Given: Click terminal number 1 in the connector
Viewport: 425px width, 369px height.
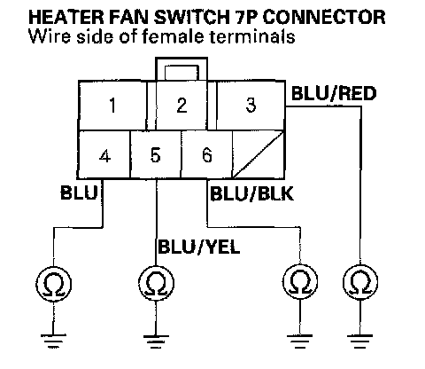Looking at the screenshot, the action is [x=112, y=106].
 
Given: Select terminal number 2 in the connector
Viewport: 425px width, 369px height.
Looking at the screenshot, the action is [x=182, y=106].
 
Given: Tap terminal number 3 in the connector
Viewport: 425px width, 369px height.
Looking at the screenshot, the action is [x=251, y=106].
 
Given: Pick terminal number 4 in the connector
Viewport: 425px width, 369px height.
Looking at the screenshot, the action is [x=104, y=155].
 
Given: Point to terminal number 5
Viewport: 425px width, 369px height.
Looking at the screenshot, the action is [x=156, y=155].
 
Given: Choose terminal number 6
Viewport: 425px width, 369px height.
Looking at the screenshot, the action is [x=207, y=155].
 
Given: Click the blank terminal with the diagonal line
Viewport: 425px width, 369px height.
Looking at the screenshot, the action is [x=259, y=155].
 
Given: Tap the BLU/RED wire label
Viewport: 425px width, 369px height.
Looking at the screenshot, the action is [x=334, y=93].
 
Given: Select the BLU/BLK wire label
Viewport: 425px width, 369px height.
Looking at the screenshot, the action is [x=251, y=194].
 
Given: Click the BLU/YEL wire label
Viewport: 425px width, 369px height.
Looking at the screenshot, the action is [x=199, y=247].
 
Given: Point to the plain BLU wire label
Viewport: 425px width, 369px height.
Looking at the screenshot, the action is [x=79, y=192].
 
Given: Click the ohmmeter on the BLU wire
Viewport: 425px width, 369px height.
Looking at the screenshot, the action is [x=53, y=284].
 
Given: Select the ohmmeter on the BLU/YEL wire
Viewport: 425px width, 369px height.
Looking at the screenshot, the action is [x=156, y=283].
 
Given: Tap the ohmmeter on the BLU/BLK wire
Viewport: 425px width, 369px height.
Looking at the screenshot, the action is [x=300, y=281].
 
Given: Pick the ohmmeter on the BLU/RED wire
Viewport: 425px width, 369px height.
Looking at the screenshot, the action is [x=360, y=282].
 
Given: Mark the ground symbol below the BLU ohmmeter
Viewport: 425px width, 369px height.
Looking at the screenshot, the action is [x=53, y=341].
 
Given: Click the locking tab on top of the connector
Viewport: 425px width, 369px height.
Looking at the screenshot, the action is [x=182, y=69].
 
